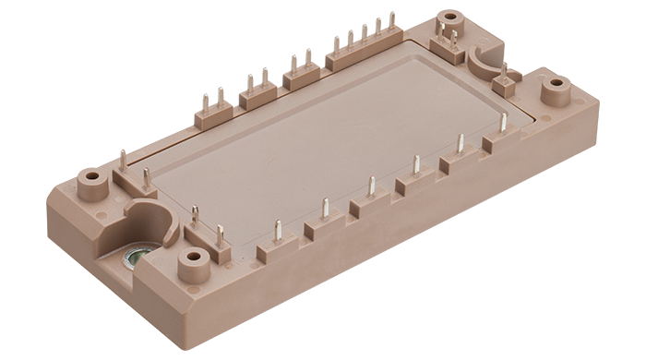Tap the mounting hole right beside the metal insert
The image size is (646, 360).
pyautogui.click(x=195, y=256)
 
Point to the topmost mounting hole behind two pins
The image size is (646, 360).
pyautogui.click(x=452, y=18)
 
